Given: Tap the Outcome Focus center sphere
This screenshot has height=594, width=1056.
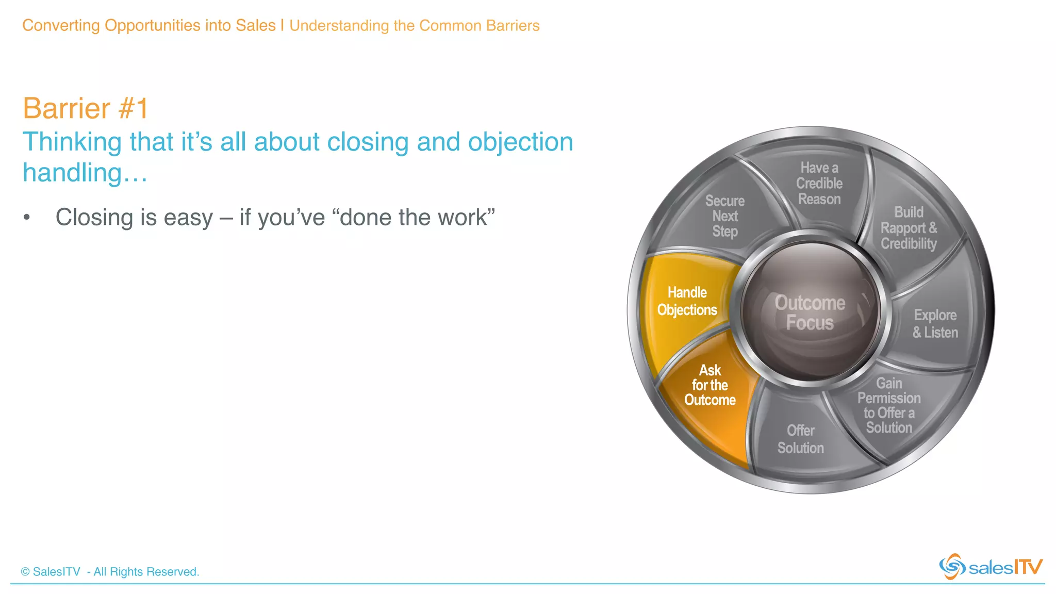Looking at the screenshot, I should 810,312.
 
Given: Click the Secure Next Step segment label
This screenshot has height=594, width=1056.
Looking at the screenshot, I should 725,216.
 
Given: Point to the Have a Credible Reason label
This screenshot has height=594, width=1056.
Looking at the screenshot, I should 819,184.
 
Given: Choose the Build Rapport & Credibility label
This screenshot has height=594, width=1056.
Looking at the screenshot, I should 909,228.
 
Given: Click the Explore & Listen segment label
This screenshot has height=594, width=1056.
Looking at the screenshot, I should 935,324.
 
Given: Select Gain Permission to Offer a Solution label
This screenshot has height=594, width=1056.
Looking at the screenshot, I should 889,405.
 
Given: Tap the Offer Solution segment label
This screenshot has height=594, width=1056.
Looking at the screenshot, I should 800,439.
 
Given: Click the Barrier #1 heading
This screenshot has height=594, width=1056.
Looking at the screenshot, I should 86,108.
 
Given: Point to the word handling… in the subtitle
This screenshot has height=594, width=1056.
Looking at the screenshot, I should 85,173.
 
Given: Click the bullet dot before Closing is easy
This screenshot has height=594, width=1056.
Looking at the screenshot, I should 27,218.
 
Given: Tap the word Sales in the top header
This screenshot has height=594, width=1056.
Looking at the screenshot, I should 255,25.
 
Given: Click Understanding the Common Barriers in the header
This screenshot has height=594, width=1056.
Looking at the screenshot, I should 414,25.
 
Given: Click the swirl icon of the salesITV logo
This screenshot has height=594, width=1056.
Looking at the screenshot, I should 952,567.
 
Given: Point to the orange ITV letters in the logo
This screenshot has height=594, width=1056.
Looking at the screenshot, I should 1028,567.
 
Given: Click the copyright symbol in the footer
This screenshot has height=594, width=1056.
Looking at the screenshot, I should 25,572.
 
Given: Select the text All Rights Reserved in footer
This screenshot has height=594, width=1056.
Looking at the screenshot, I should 146,572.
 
